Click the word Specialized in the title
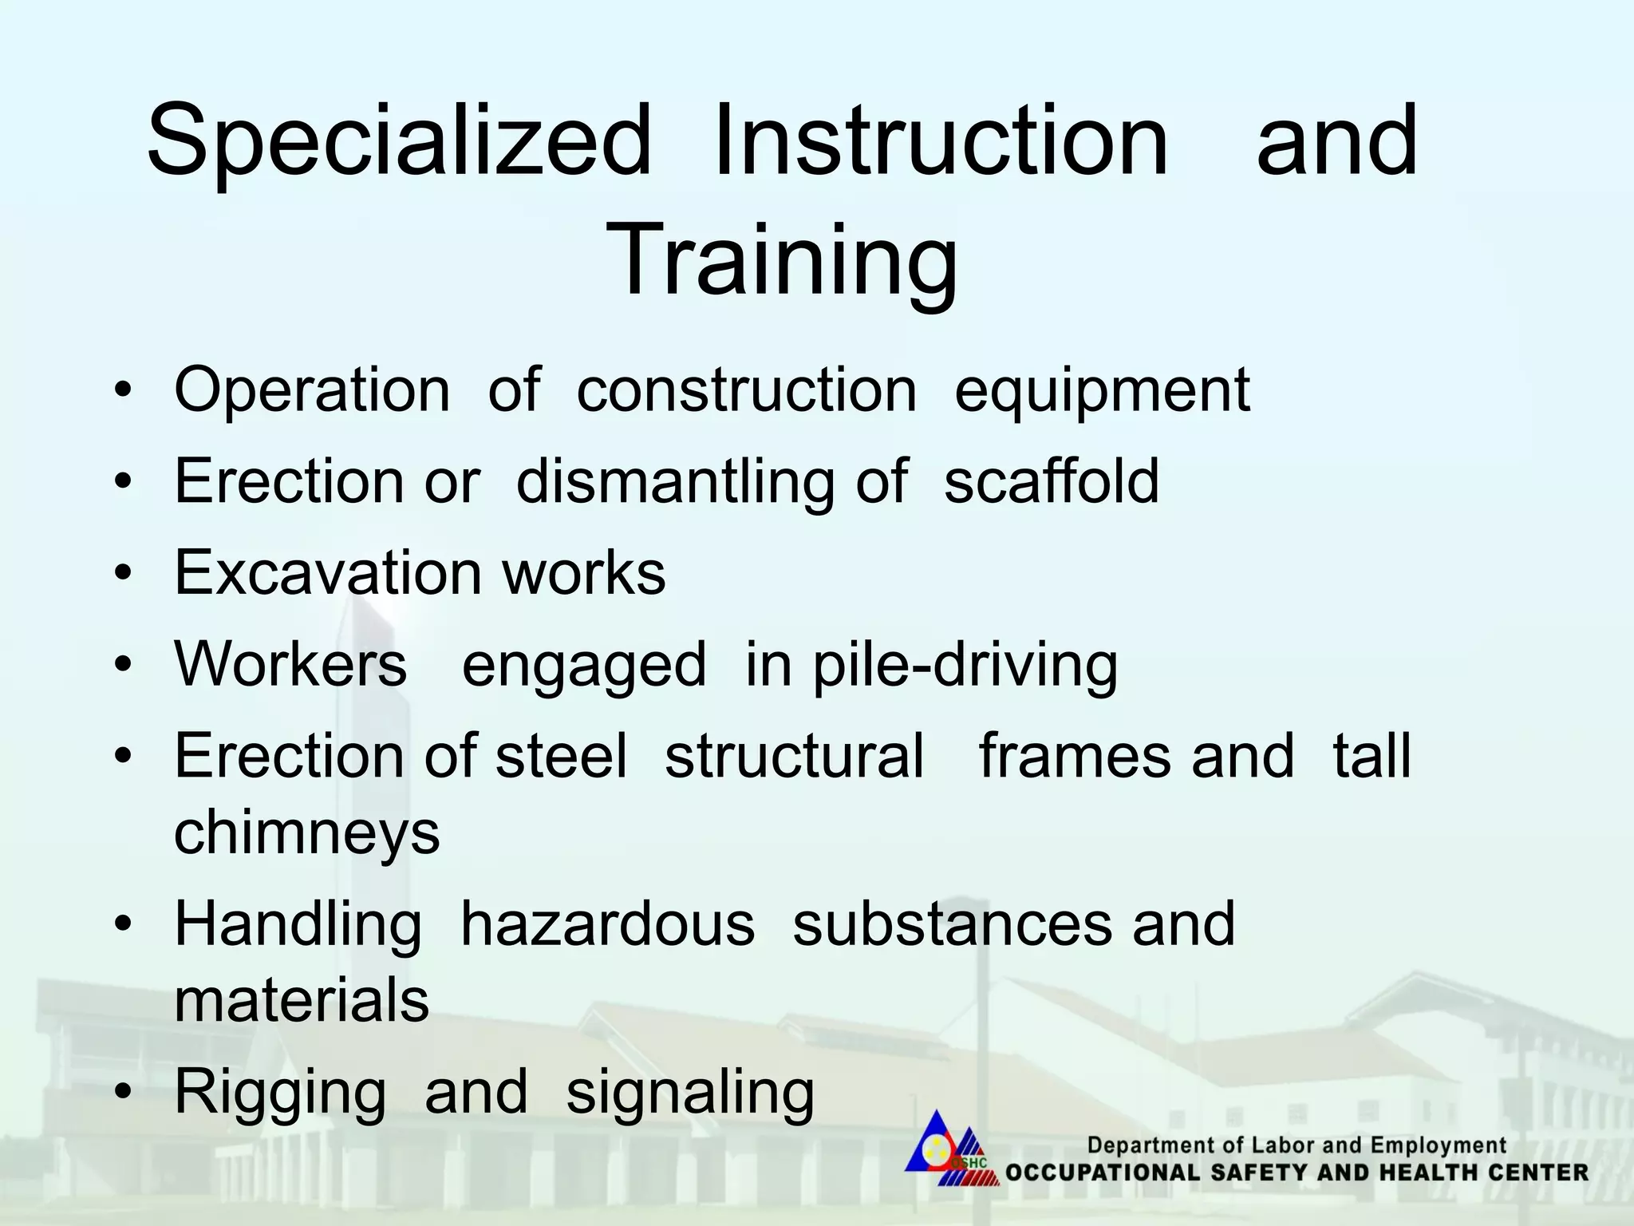[x=399, y=142]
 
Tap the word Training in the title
[x=781, y=260]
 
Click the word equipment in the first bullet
[x=1102, y=391]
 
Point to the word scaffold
[x=1051, y=481]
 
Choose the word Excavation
[x=328, y=572]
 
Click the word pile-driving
[x=965, y=666]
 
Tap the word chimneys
[x=307, y=833]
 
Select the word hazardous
[x=607, y=924]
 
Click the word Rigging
[x=280, y=1094]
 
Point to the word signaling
[x=690, y=1094]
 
